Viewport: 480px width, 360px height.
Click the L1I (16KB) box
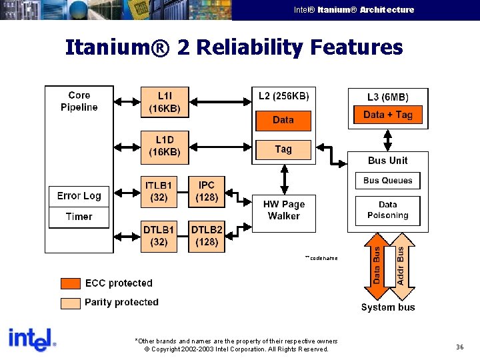coord(164,102)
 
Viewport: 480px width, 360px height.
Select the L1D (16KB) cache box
coord(164,146)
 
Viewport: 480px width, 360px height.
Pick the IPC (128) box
coord(207,191)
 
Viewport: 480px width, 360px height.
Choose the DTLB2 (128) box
coord(207,236)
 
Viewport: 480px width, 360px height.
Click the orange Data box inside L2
coord(283,120)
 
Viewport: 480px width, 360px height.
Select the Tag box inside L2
coord(283,149)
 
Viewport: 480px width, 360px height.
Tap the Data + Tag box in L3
coord(387,115)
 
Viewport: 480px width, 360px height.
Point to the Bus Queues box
coord(387,181)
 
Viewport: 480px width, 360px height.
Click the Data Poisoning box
coord(387,210)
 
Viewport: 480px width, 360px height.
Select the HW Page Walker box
coord(284,211)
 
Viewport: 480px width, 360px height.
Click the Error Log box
coord(79,196)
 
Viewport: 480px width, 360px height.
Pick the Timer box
coord(79,217)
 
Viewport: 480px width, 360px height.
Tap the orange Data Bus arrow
coord(377,265)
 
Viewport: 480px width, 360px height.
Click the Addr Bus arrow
coord(400,265)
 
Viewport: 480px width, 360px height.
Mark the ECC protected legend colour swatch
coord(71,283)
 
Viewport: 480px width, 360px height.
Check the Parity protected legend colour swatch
coord(71,303)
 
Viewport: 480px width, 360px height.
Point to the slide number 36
coord(459,347)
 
